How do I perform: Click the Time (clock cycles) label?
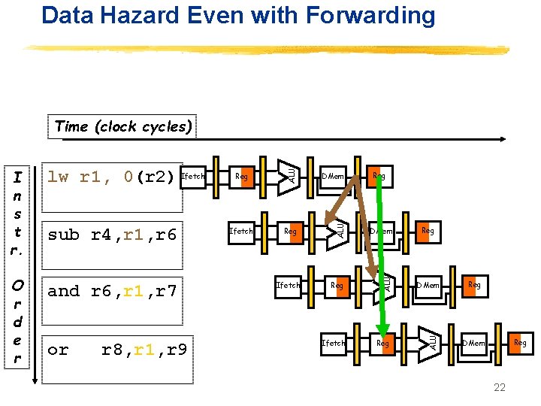click(x=123, y=126)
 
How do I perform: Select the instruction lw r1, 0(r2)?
click(x=113, y=177)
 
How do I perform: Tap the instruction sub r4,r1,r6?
click(x=112, y=235)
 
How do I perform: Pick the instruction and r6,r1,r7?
click(x=112, y=292)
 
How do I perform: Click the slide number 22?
click(x=499, y=386)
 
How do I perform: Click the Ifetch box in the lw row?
click(x=194, y=177)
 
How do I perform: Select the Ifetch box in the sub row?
click(x=240, y=231)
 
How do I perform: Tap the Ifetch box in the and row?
click(x=288, y=285)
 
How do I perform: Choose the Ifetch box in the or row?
click(x=333, y=343)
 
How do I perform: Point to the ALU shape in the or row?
click(x=429, y=340)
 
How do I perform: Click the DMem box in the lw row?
click(x=332, y=177)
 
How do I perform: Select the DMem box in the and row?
click(x=428, y=285)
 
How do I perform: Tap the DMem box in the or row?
click(x=473, y=343)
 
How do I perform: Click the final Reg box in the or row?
click(x=519, y=343)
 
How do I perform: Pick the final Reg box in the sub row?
click(x=426, y=231)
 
